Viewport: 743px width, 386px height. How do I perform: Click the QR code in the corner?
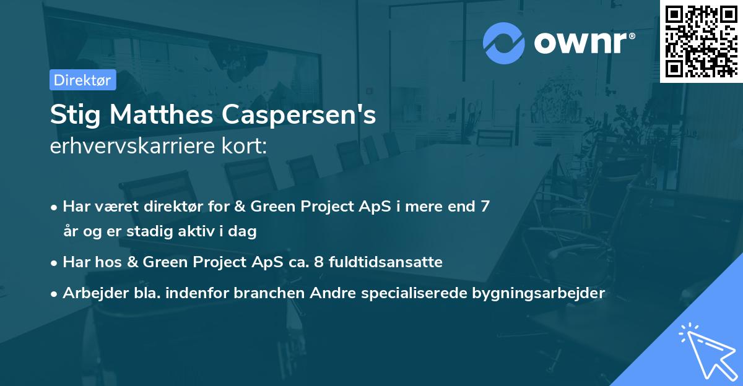tap(701, 41)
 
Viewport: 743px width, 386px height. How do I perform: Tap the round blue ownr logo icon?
tap(503, 43)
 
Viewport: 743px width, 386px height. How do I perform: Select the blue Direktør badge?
tap(82, 80)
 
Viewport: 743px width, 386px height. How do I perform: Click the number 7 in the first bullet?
tap(485, 207)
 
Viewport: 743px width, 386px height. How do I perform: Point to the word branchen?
tap(265, 293)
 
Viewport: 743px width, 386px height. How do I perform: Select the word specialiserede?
tap(406, 293)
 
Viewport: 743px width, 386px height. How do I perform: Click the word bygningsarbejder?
tap(541, 293)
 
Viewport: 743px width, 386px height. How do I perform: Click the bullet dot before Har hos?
tap(54, 263)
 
